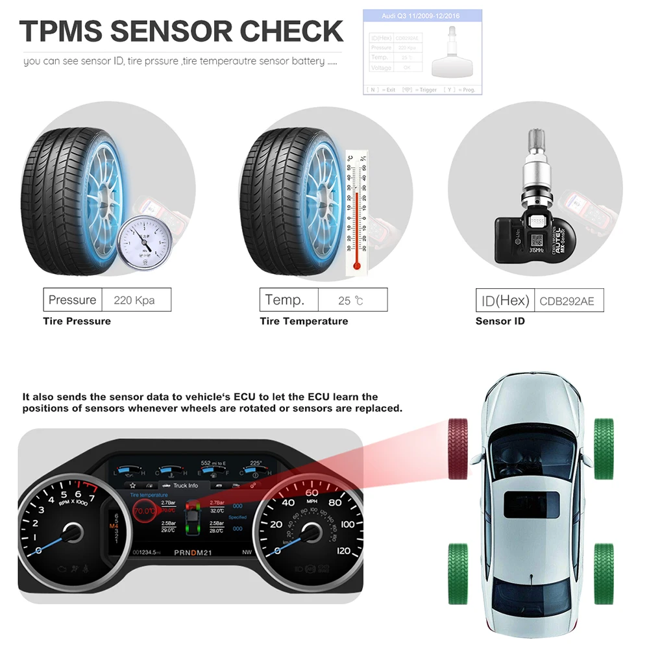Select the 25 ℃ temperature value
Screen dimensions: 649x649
(352, 300)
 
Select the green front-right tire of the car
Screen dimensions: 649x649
(604, 448)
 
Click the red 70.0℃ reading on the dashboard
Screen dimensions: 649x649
(143, 511)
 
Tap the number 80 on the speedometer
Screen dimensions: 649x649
(335, 502)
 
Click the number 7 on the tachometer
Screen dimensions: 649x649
(92, 498)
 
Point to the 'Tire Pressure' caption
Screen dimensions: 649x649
(77, 321)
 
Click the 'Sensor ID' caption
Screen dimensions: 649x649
(500, 321)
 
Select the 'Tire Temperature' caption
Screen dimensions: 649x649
(304, 321)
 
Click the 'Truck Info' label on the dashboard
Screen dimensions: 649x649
(186, 485)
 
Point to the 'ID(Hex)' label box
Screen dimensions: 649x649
(505, 300)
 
